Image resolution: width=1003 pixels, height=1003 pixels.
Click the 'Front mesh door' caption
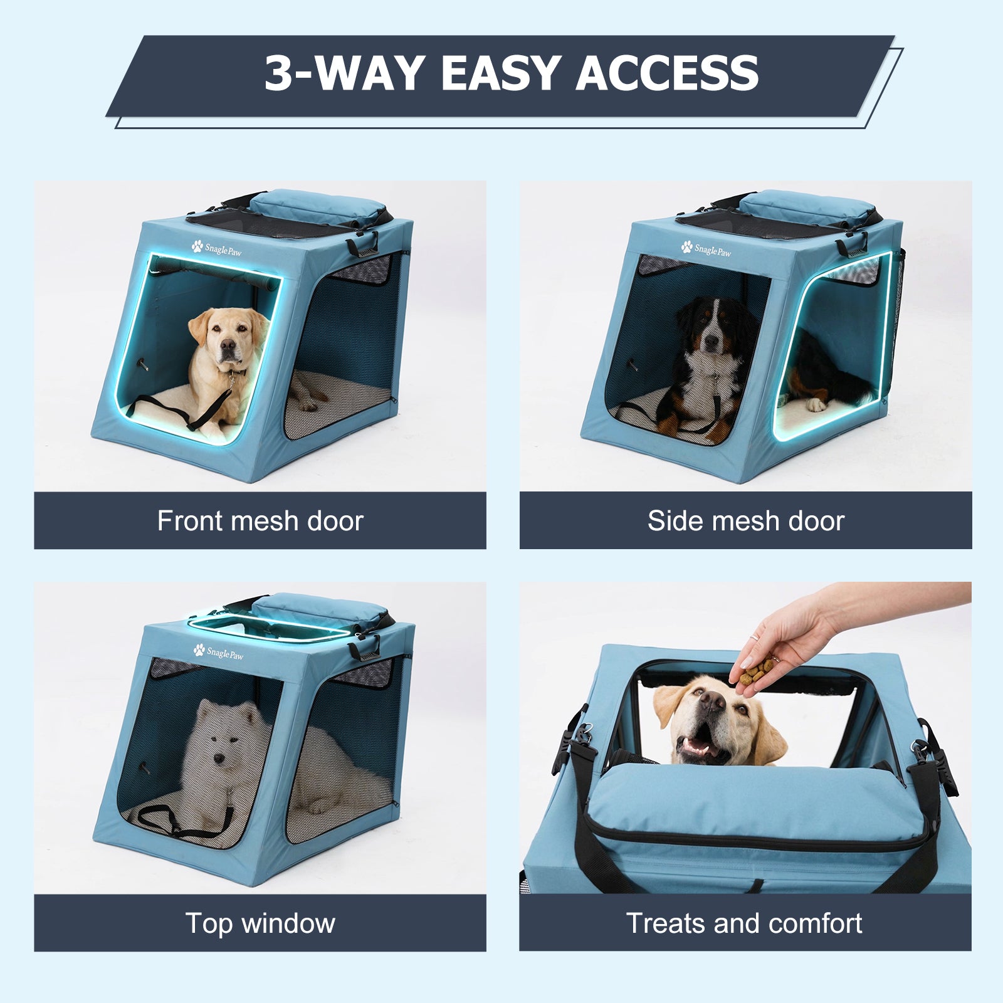(x=260, y=521)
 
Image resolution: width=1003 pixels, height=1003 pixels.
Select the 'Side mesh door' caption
(x=745, y=521)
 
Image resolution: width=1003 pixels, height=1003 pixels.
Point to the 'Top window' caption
(x=260, y=923)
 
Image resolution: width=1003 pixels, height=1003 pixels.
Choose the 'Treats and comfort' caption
(x=744, y=923)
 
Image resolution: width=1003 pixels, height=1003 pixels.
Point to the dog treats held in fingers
(x=755, y=673)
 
